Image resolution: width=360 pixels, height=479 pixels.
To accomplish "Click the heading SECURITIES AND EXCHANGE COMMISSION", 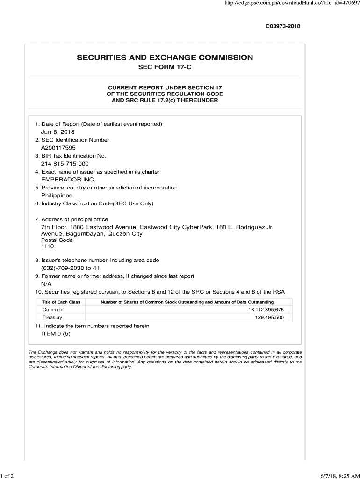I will [165, 58].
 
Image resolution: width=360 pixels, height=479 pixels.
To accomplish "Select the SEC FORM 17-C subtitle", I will [165, 68].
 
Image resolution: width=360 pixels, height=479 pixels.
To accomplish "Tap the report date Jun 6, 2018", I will [58, 132].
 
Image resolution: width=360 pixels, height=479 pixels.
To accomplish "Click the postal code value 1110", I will [48, 247].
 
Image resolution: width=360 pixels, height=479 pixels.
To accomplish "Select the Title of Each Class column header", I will [61, 302].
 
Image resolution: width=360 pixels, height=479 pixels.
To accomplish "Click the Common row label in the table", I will [53, 310].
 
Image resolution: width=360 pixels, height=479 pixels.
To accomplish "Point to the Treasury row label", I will [52, 318].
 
